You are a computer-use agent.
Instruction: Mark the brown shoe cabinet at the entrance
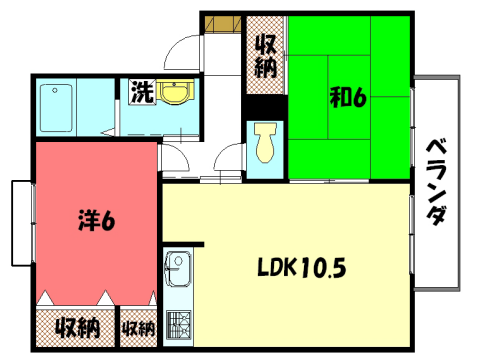pos(221,22)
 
